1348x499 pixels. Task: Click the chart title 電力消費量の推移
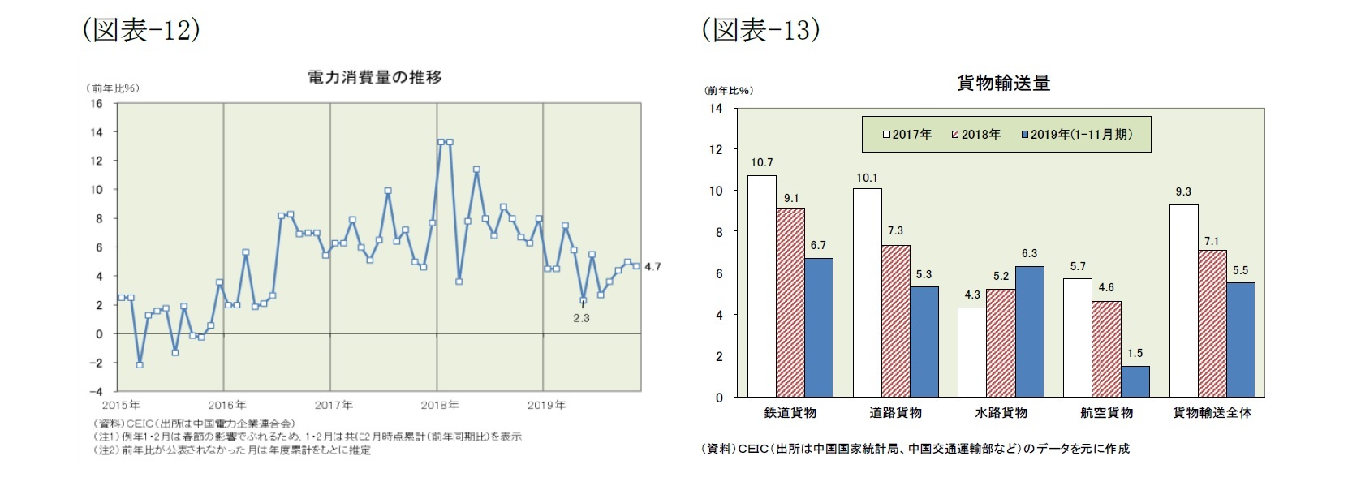(x=374, y=78)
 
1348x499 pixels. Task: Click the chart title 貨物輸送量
(x=1003, y=83)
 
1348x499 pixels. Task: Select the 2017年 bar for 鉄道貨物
(x=761, y=286)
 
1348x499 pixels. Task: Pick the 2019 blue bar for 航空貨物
(x=1135, y=381)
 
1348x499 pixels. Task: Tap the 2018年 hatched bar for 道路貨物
(x=896, y=321)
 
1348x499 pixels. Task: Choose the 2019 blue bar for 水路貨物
(x=1030, y=332)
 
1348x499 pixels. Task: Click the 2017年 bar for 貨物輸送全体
(x=1183, y=300)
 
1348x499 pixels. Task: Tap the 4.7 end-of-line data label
(x=652, y=267)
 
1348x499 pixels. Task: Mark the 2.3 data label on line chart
(x=581, y=318)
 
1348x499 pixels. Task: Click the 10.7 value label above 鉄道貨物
(x=761, y=163)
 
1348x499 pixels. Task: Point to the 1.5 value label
(x=1135, y=353)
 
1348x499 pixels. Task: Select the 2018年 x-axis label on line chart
(x=439, y=405)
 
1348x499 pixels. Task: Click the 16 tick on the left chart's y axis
(x=97, y=104)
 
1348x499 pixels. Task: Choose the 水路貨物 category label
(x=1001, y=412)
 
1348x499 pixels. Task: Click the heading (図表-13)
(x=760, y=30)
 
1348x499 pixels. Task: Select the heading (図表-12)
(x=141, y=30)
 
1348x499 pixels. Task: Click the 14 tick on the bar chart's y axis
(x=716, y=108)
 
